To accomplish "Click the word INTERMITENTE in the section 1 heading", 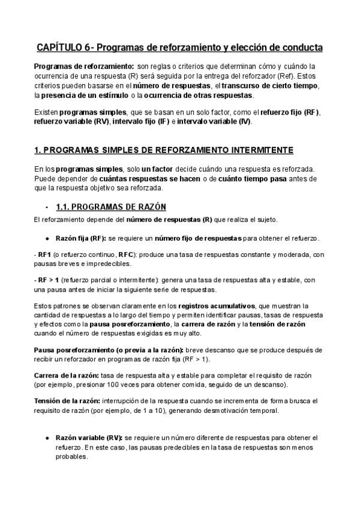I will (265, 149).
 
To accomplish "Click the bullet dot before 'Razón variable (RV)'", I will (47, 438).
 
